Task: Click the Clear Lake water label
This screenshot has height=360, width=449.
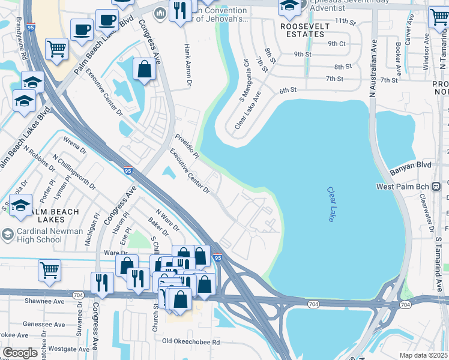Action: [331, 205]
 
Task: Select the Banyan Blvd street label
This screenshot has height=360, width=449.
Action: [411, 163]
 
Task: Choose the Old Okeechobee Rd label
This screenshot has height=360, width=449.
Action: [191, 342]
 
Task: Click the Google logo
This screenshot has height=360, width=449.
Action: [20, 353]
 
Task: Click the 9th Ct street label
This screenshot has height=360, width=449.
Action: [337, 44]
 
